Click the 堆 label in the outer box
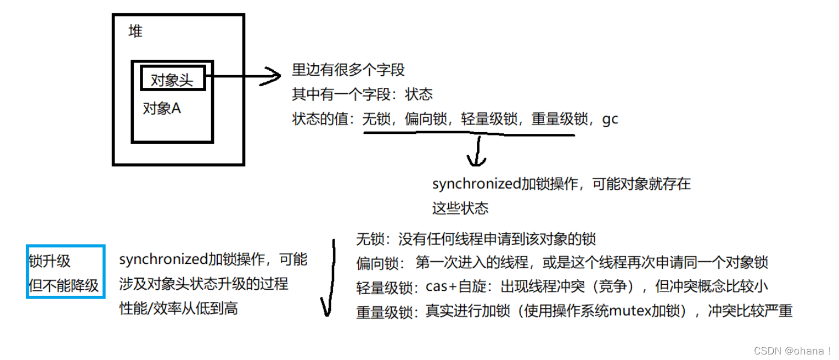coord(135,32)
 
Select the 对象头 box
coord(173,79)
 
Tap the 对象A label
coord(162,109)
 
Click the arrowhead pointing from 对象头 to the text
coord(272,76)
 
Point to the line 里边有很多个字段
coord(348,70)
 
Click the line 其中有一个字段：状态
coord(362,95)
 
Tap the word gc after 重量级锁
coord(610,119)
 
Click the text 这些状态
coord(460,208)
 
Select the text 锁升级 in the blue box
coord(50,261)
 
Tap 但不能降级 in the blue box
coord(64,285)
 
